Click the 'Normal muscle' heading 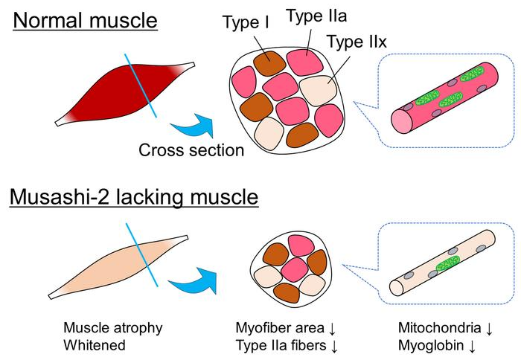(x=86, y=20)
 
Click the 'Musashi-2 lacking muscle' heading (x=134, y=197)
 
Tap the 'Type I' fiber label (x=246, y=22)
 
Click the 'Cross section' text (x=191, y=150)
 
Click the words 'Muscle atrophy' (x=112, y=328)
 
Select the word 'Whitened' (x=95, y=345)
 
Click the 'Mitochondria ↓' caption (x=446, y=328)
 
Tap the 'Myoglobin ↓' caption (x=437, y=345)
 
